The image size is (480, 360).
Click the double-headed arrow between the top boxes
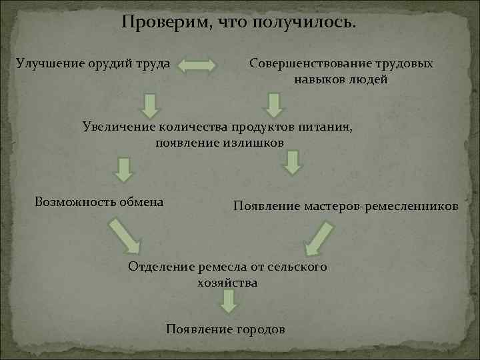coord(198,66)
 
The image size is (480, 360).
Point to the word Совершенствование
coord(307,64)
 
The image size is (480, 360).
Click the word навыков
coord(319,80)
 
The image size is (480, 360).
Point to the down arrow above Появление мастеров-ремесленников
coord(292,163)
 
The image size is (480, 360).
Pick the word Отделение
coord(161,267)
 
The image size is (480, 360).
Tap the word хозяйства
coord(227,283)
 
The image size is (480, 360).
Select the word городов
coord(259,329)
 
